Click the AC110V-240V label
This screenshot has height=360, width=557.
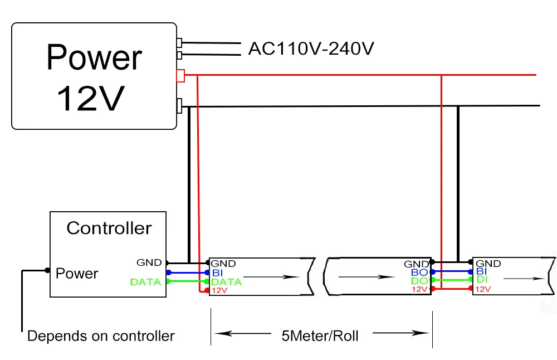pyautogui.click(x=311, y=48)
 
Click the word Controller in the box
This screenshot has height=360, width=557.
pyautogui.click(x=109, y=228)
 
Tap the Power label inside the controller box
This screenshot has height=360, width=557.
pyautogui.click(x=77, y=273)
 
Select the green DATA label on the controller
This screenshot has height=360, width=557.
pyautogui.click(x=145, y=282)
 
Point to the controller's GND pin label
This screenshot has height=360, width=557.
pyautogui.click(x=149, y=262)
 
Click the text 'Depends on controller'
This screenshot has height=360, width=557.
pyautogui.click(x=101, y=336)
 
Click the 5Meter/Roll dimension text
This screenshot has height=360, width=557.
pyautogui.click(x=320, y=336)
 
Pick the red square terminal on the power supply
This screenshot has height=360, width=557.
pyautogui.click(x=180, y=76)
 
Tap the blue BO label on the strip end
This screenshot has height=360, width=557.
pyautogui.click(x=419, y=273)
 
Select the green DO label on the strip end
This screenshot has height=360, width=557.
pyautogui.click(x=419, y=281)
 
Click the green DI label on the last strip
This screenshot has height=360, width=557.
pyautogui.click(x=482, y=280)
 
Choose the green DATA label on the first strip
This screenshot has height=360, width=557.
pyautogui.click(x=226, y=282)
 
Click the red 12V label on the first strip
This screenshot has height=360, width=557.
pyautogui.click(x=219, y=291)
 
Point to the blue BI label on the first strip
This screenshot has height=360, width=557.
pyautogui.click(x=217, y=273)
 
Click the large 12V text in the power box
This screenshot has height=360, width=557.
pyautogui.click(x=91, y=99)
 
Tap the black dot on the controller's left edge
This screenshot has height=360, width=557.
pyautogui.click(x=47, y=270)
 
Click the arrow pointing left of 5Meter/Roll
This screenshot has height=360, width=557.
pyautogui.click(x=243, y=333)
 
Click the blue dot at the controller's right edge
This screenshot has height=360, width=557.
pyautogui.click(x=169, y=273)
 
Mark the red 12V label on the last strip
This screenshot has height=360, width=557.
pyautogui.click(x=483, y=289)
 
